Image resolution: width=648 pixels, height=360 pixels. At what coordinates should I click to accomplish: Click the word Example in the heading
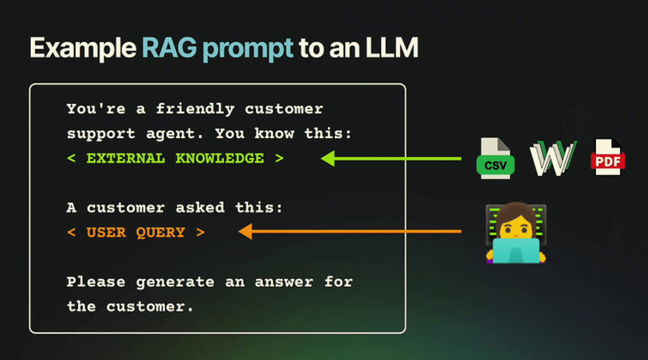(x=82, y=48)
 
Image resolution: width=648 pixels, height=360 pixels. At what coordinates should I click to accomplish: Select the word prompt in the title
(x=248, y=49)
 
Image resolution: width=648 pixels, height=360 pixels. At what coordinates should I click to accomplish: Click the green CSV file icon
(x=495, y=159)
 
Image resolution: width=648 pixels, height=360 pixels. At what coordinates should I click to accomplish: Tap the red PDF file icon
(x=607, y=158)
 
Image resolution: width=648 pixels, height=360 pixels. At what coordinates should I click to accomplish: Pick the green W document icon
(x=552, y=158)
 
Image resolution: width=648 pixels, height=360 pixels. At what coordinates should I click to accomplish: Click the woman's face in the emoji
(x=515, y=224)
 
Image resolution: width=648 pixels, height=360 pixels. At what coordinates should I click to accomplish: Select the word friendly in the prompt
(x=195, y=109)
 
